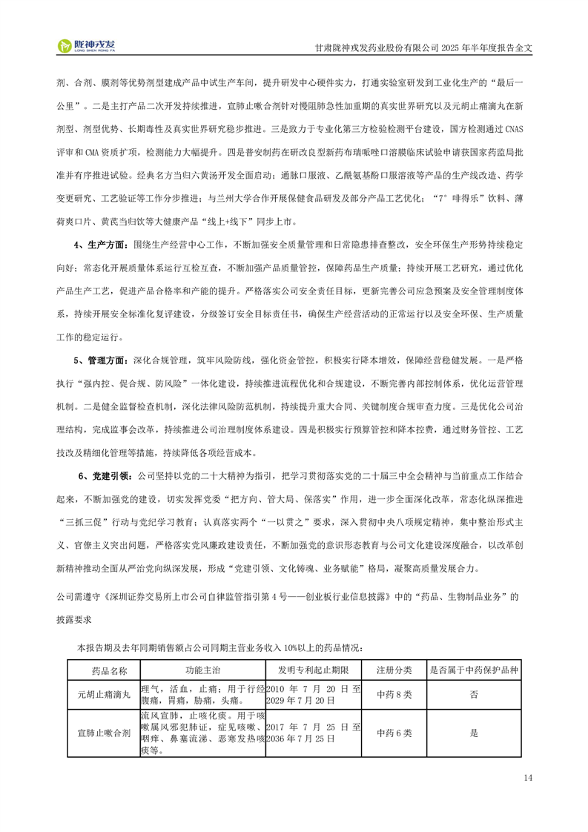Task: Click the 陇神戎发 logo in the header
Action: pos(90,46)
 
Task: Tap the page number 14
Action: pos(528,777)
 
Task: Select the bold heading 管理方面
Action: pos(102,360)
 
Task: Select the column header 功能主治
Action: pos(203,670)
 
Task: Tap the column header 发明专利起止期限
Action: pos(314,670)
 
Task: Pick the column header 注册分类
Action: pos(394,670)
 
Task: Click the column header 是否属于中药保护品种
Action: pos(474,670)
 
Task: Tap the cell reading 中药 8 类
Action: pos(394,695)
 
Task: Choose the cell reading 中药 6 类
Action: pos(394,733)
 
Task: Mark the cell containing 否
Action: pos(474,695)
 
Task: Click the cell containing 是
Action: pos(474,733)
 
